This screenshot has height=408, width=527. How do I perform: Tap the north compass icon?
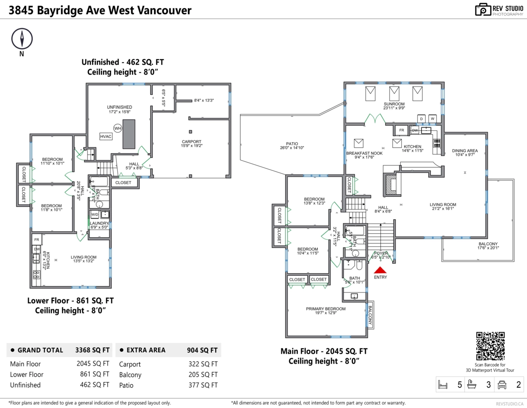coord(22,39)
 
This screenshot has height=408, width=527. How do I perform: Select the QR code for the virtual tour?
coord(490,346)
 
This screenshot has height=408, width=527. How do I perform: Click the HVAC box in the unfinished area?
coord(106,137)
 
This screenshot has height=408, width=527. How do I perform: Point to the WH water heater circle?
coord(117,128)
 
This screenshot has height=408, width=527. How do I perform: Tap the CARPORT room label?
coord(191,142)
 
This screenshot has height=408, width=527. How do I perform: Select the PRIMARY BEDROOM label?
coord(325,309)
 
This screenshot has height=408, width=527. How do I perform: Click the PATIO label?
coord(292,144)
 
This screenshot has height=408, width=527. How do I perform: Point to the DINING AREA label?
coord(465,151)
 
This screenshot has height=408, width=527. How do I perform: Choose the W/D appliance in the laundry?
coord(95,214)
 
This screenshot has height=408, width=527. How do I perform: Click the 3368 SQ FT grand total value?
coord(92,350)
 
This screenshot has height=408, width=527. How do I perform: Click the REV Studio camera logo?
coord(483,10)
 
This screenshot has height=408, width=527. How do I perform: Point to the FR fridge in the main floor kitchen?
coord(401,130)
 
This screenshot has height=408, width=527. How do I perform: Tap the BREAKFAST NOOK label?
coord(364,153)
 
